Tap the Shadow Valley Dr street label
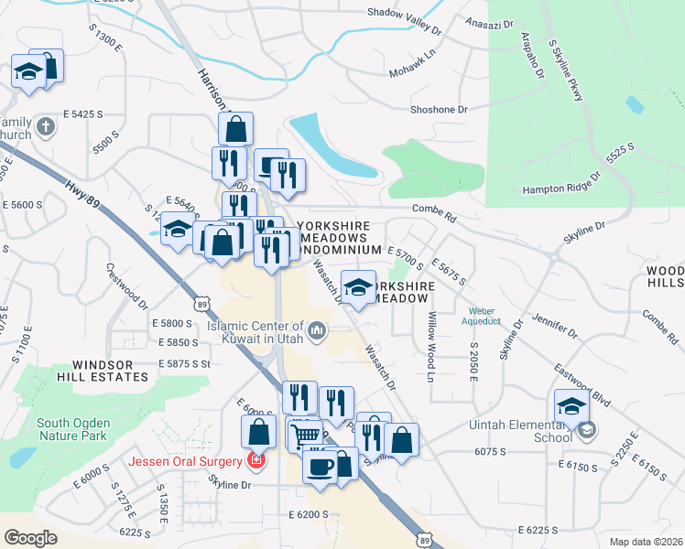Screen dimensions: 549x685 pos(404,13)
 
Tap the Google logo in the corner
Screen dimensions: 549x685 pos(31,537)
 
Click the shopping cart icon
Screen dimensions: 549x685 pos(305,434)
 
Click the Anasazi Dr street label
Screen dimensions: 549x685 pos(492,21)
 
